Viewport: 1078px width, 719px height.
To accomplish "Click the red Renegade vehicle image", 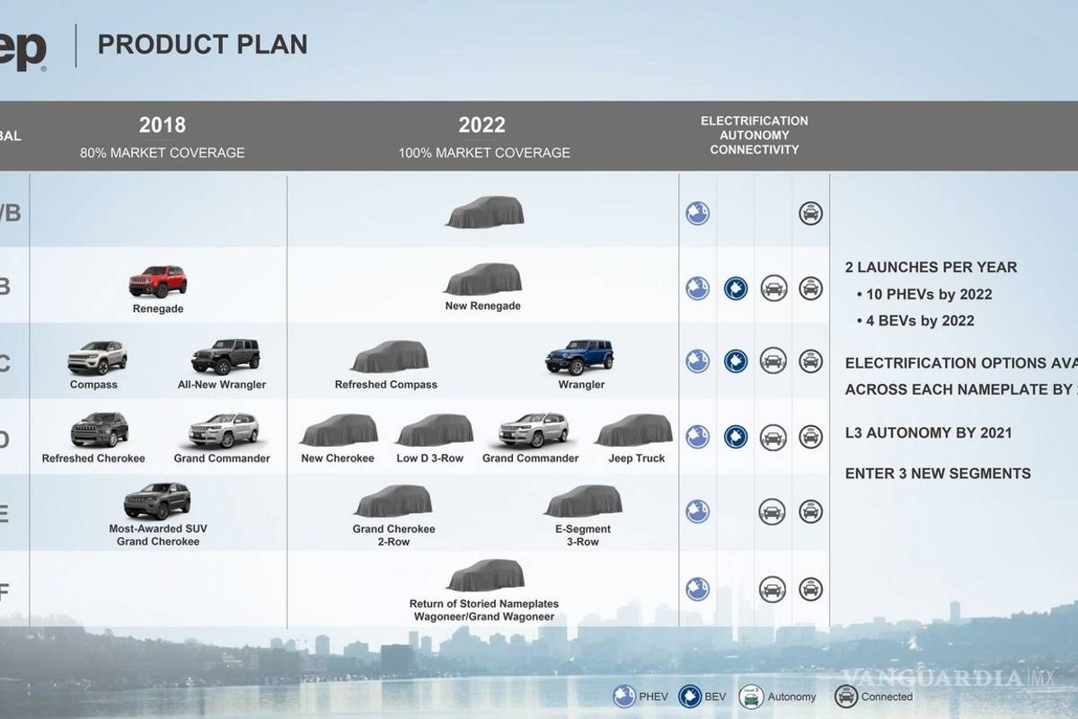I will pos(158,282).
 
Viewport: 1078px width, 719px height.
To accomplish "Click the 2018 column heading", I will pos(162,125).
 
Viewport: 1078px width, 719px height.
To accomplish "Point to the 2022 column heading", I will pos(482,125).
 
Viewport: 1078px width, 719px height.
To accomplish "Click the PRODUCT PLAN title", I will pos(202,44).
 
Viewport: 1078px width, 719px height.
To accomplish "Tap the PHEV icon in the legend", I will pos(624,697).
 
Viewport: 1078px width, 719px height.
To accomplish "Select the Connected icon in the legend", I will pos(845,697).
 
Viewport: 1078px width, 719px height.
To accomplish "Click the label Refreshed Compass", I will pos(386,385).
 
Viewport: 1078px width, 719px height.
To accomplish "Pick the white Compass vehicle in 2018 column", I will pos(97,358).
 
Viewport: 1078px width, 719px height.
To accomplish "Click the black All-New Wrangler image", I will pos(225,357).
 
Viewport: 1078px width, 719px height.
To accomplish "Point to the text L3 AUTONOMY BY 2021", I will pos(928,432).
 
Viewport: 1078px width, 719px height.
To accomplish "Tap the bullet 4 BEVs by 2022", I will pos(919,321).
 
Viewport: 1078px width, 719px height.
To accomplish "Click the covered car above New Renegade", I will pos(483,280).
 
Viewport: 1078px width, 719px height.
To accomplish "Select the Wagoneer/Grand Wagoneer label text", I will pos(484,617).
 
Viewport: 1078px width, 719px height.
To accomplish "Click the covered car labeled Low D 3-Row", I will pos(435,431).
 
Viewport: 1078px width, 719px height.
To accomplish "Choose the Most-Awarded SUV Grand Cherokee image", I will pos(157,502).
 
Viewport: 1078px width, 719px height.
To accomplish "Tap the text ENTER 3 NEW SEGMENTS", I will pos(938,474).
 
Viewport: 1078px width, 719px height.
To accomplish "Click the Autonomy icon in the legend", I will pos(750,697).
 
